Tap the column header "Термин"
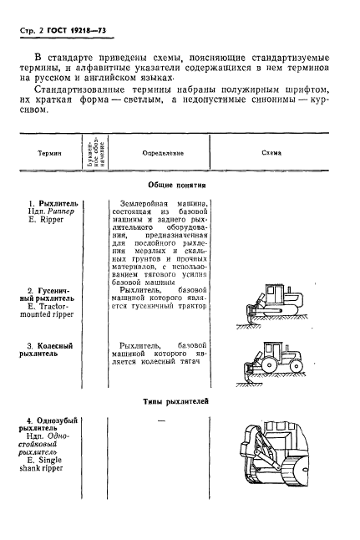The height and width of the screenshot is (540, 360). (x=48, y=154)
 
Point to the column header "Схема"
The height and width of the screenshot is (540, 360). (x=271, y=154)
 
